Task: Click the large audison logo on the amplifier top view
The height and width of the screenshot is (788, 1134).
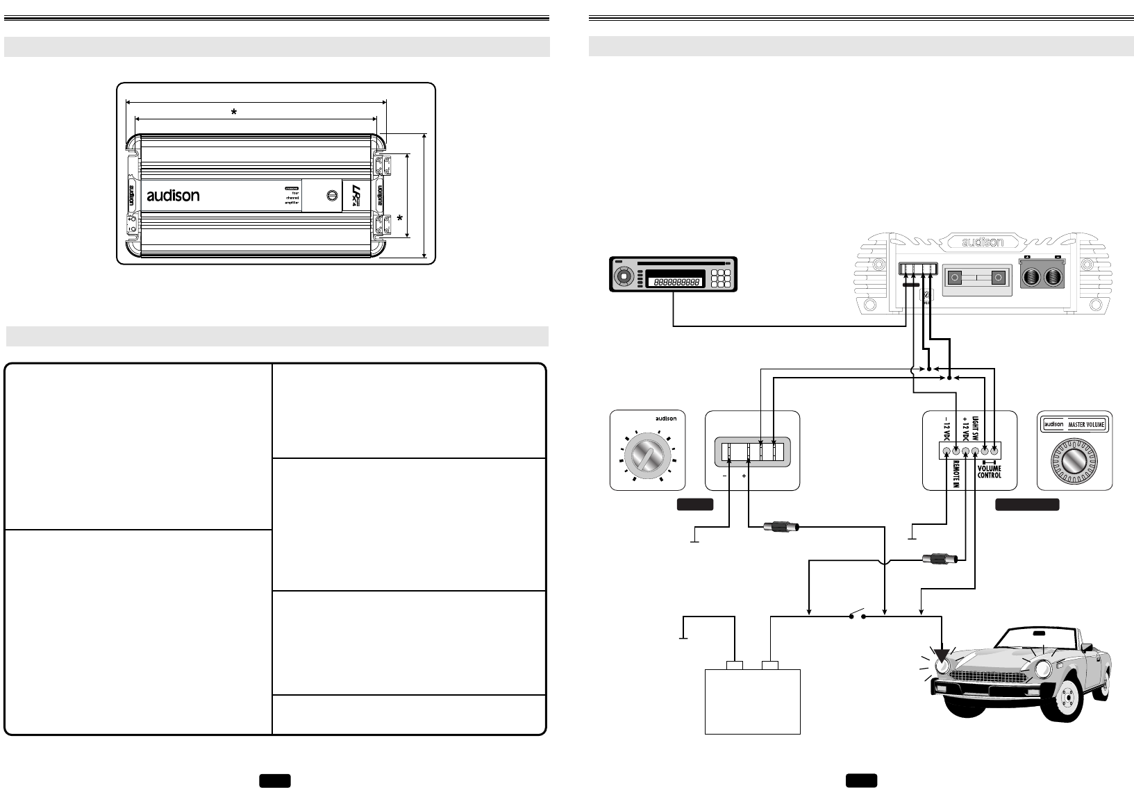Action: pos(173,196)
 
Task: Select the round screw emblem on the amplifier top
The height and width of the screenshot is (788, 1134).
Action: pos(331,195)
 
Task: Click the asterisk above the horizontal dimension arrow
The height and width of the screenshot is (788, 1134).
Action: pos(234,112)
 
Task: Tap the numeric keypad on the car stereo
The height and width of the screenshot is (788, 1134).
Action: pos(720,279)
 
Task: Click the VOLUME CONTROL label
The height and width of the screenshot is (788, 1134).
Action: pos(990,472)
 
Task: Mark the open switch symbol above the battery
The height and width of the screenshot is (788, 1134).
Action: pos(857,613)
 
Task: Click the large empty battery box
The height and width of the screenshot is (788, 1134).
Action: pos(753,702)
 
